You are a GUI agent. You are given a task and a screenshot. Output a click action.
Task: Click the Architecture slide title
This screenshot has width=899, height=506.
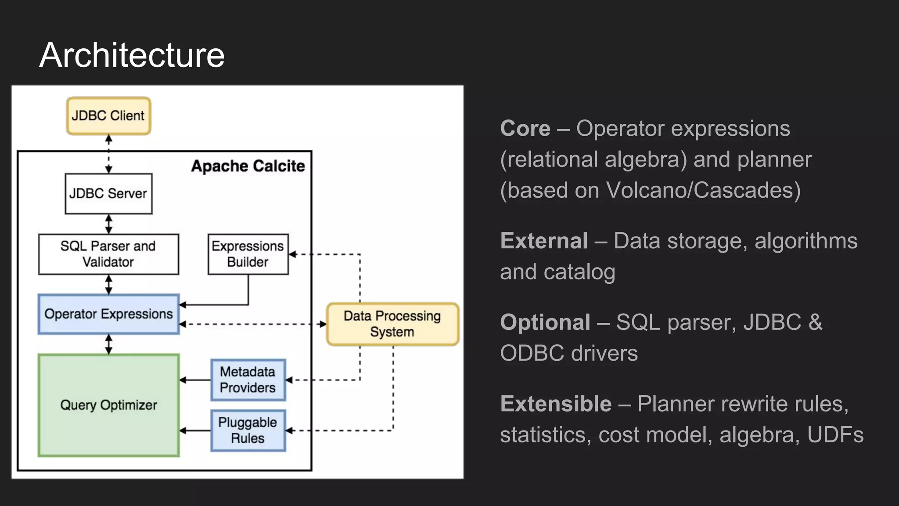132,55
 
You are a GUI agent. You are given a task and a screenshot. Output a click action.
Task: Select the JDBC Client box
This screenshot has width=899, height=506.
108,116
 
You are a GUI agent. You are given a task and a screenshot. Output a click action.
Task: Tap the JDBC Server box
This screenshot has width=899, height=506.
108,194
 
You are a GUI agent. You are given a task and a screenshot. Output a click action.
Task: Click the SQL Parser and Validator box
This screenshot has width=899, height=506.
108,254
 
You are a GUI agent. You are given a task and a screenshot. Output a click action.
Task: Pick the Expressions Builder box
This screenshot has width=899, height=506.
248,254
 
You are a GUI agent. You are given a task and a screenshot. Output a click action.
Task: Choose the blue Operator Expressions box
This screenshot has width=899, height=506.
108,314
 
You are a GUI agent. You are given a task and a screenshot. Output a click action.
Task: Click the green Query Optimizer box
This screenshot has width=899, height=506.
108,405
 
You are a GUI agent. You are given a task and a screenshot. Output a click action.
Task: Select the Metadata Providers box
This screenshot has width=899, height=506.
248,380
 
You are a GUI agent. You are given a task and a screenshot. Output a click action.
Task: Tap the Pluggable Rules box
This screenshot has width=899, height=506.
248,430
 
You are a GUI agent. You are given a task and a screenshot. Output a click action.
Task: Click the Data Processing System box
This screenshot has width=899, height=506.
392,324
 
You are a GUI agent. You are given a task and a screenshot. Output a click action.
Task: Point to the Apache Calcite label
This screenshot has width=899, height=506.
248,166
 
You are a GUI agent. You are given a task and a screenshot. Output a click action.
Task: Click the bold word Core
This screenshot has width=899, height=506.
525,129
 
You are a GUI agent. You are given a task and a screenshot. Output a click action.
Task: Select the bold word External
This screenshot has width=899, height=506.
544,241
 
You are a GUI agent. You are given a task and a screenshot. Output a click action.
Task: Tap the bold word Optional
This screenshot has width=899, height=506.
545,322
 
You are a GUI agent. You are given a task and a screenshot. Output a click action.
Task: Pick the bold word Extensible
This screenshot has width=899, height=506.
556,404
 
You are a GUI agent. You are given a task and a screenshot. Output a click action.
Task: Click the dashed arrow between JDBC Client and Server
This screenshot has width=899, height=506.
109,154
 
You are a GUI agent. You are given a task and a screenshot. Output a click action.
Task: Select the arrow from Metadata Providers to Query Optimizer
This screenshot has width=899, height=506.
195,380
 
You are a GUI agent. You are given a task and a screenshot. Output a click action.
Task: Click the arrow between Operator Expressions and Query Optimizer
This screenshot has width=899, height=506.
109,344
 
